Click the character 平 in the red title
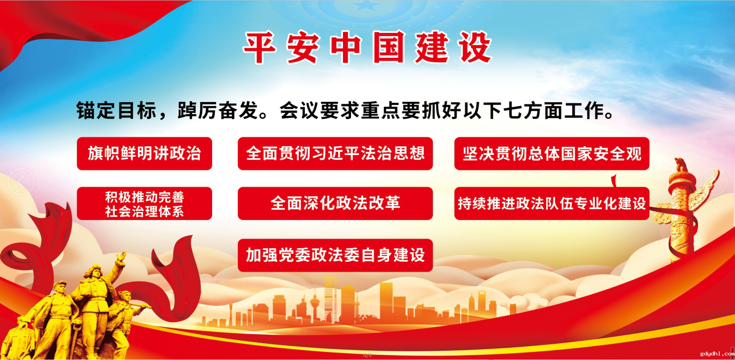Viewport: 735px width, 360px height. tap(260, 47)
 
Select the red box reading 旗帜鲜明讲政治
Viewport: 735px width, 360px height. tap(144, 153)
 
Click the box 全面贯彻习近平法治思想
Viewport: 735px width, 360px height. tap(335, 153)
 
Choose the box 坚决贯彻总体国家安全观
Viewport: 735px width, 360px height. tap(552, 153)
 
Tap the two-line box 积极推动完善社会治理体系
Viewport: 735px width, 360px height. tap(144, 204)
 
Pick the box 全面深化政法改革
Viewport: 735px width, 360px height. tap(335, 204)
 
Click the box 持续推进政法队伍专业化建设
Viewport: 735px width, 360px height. tap(552, 204)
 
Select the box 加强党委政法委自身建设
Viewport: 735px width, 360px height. tap(335, 255)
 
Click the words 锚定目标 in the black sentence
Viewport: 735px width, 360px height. tap(116, 111)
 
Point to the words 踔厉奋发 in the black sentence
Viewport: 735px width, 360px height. tap(218, 111)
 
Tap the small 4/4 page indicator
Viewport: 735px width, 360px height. tap(367, 355)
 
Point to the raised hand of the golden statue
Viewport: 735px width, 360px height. tap(121, 256)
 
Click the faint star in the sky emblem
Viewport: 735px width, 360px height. tap(367, 5)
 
